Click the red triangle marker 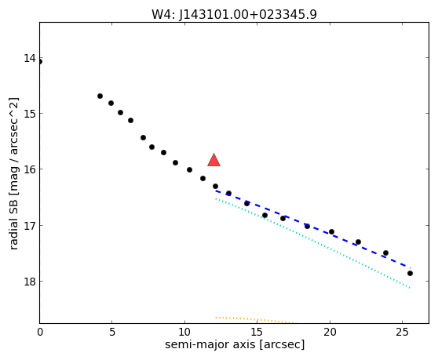point(214,160)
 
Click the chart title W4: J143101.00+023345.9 point(234,14)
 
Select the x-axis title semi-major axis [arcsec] point(235,344)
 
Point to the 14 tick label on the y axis point(30,58)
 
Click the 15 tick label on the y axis point(30,113)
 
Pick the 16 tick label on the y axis point(30,169)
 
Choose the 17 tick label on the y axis point(30,225)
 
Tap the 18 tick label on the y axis point(30,282)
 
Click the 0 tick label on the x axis point(40,332)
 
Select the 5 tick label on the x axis point(112,332)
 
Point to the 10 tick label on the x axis point(184,332)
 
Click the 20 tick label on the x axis point(330,332)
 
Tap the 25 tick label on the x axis point(402,332)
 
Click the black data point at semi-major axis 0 point(40,62)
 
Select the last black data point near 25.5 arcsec point(410,273)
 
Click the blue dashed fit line point(313,229)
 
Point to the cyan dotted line point(313,243)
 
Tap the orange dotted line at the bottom point(255,319)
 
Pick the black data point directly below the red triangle point(215,186)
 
